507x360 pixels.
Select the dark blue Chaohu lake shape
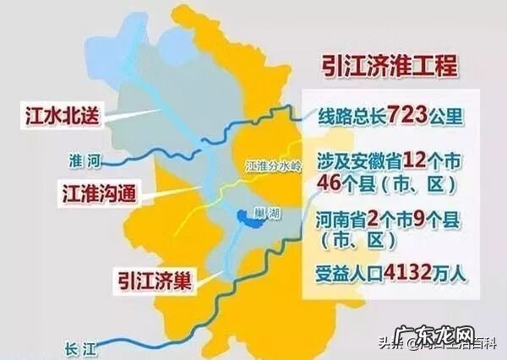click(x=251, y=217)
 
